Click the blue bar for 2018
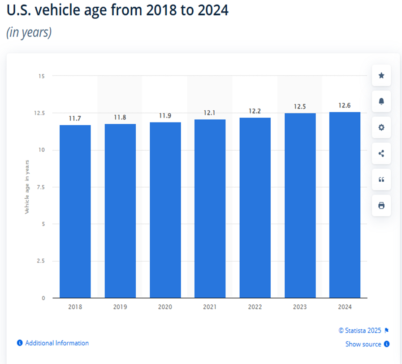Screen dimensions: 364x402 (x=75, y=211)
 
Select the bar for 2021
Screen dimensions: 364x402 (x=210, y=209)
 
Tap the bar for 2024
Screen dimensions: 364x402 (x=345, y=205)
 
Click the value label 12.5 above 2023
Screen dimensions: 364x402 (x=300, y=107)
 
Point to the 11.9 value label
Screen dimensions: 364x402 (x=165, y=116)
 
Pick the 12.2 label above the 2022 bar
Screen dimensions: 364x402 (x=255, y=111)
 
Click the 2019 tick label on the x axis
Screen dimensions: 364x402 (x=120, y=307)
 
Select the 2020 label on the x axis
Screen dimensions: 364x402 (x=165, y=307)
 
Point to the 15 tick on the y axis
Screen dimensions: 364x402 (x=41, y=76)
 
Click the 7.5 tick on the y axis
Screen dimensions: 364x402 (x=40, y=187)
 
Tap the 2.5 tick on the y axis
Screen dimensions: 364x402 (x=40, y=261)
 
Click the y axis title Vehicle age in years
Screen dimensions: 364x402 (x=27, y=186)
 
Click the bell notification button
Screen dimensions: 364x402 (x=381, y=101)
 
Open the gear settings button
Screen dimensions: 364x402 (x=381, y=127)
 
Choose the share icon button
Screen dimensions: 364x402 (x=381, y=153)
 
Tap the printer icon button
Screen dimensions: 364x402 (x=381, y=206)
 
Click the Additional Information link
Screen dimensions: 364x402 (x=56, y=343)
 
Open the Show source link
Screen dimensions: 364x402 (x=363, y=344)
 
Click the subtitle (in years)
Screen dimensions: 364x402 (x=29, y=33)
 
